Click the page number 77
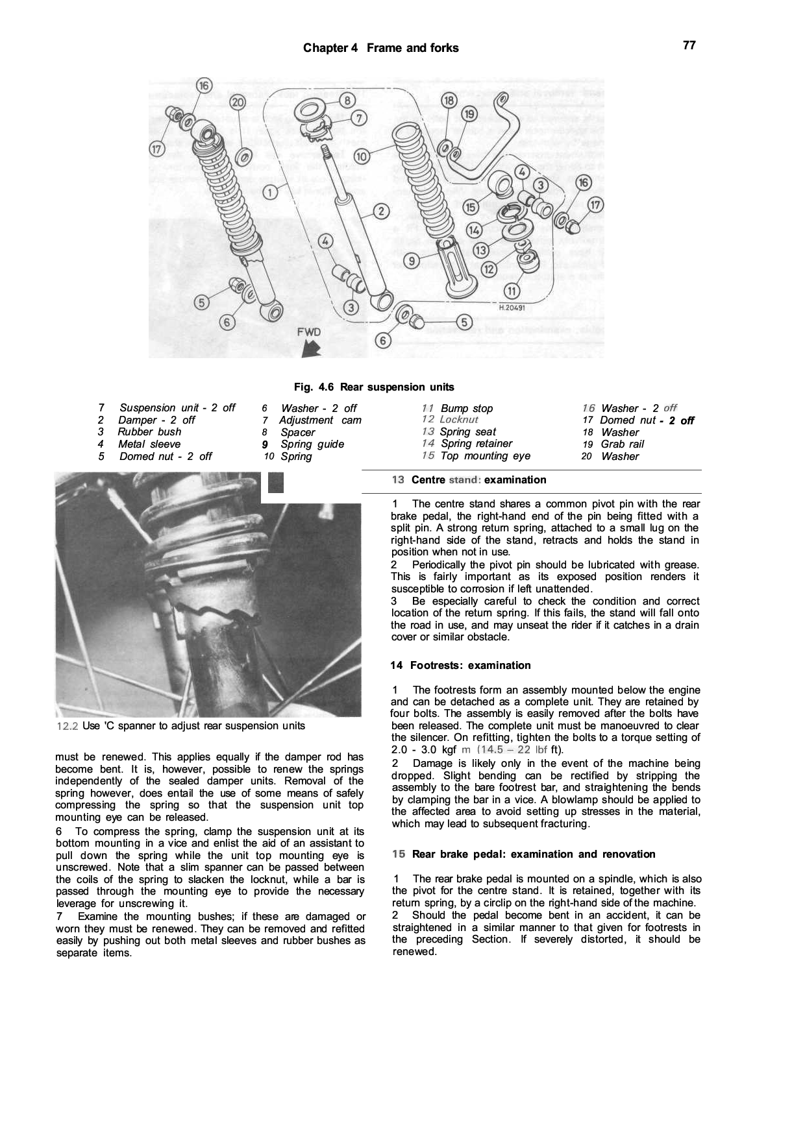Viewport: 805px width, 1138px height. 689,45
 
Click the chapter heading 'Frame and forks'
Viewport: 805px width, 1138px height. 412,48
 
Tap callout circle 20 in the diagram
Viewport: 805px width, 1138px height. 238,102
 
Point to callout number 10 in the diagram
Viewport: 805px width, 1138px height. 362,156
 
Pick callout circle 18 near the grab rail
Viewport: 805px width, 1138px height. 449,101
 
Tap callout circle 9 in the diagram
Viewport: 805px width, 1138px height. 411,261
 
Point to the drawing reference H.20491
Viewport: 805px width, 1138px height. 512,308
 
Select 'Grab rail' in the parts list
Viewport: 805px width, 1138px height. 622,444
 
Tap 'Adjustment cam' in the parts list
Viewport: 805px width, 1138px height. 320,420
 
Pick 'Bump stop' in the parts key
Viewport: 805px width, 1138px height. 466,409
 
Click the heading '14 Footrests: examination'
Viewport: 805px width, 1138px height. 460,666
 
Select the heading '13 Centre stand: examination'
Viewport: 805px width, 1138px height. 469,480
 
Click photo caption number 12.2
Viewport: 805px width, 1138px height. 68,726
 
